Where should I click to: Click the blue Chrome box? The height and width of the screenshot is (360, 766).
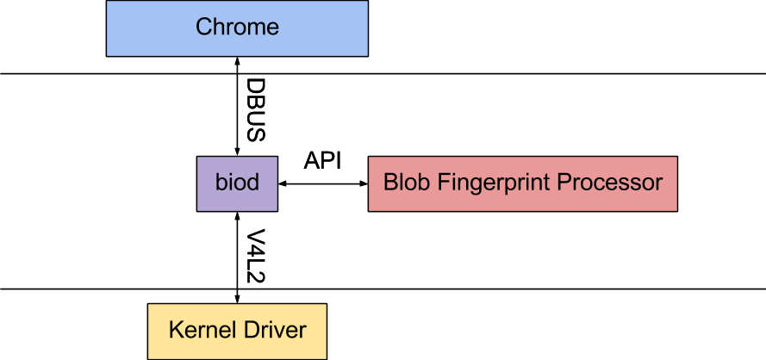tap(237, 28)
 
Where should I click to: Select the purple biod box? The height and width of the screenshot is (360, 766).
tap(237, 183)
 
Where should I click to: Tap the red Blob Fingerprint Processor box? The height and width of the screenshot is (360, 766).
tap(522, 183)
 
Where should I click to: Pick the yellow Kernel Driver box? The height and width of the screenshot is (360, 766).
tap(237, 331)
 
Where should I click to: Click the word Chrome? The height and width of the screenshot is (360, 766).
tap(237, 28)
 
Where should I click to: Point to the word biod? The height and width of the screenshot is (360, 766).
tap(237, 183)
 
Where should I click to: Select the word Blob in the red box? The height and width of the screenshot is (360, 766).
tap(402, 183)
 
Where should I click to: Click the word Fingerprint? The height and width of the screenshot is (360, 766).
tap(489, 183)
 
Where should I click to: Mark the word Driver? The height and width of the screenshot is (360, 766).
tap(276, 331)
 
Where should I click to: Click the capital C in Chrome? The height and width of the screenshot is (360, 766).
tap(203, 28)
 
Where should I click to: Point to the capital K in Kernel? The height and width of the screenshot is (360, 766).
tap(175, 331)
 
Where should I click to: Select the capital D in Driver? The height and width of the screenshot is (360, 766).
tap(253, 331)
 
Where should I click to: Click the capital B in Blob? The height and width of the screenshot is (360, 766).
tap(389, 183)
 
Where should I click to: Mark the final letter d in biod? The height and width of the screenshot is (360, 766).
tap(252, 183)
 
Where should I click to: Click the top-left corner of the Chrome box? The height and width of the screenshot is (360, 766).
tap(108, 2)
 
